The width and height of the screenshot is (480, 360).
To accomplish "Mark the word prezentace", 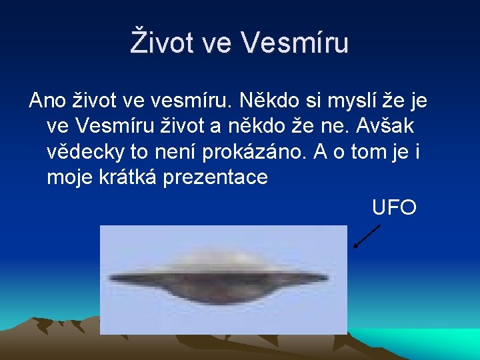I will coord(223,177).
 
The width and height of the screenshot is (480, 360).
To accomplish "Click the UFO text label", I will coord(394,207).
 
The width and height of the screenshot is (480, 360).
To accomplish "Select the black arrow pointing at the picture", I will coord(366,237).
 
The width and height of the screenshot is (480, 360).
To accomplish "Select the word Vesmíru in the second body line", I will coord(108,126).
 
